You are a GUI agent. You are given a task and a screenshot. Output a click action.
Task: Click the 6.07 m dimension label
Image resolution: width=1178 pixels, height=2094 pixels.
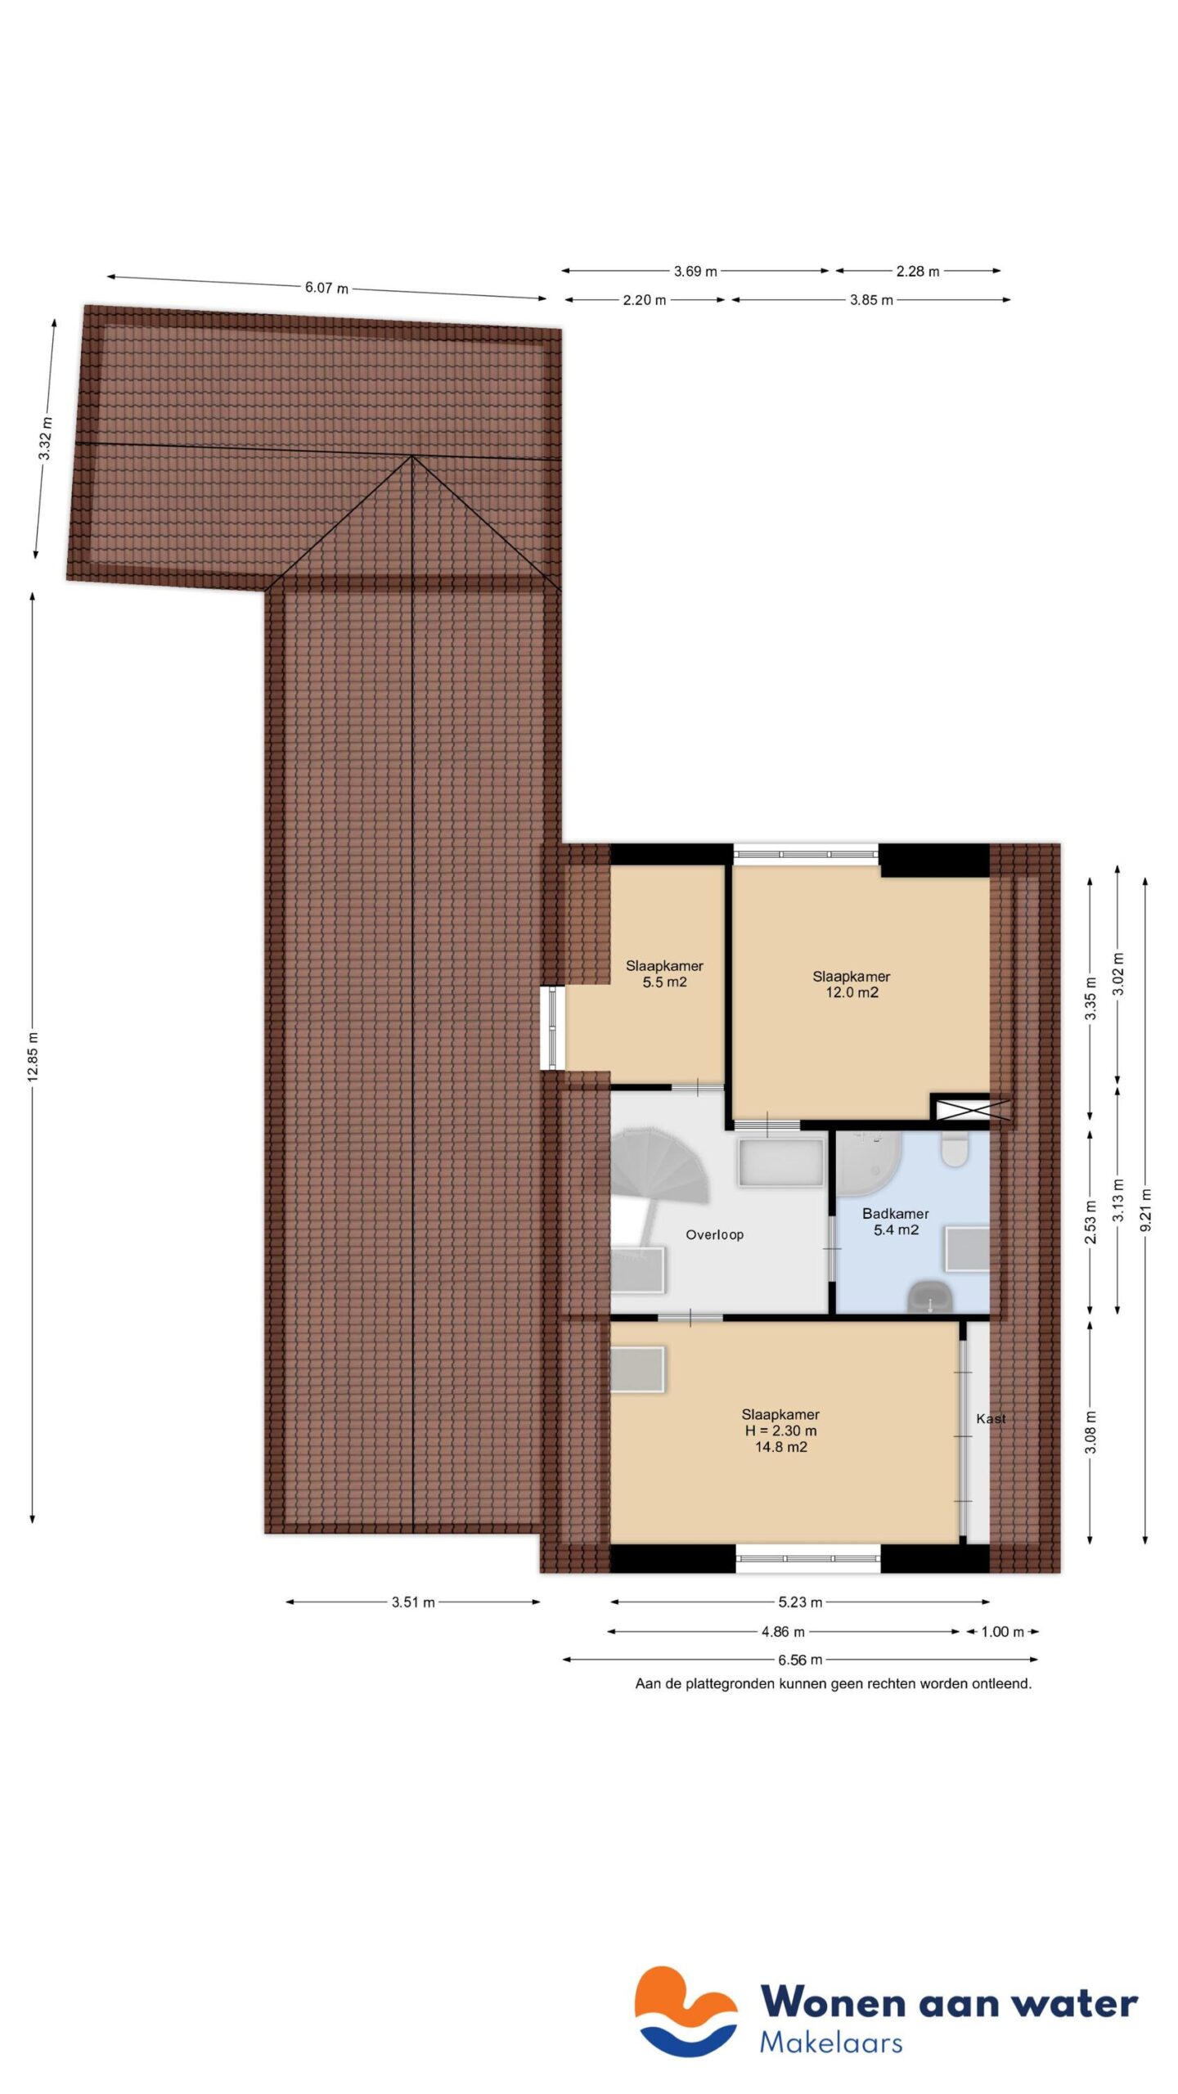[326, 288]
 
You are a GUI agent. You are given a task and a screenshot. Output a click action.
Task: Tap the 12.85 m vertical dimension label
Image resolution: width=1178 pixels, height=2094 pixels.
[33, 1057]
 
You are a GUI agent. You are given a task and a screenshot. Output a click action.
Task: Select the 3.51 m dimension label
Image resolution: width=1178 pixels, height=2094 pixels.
[413, 1602]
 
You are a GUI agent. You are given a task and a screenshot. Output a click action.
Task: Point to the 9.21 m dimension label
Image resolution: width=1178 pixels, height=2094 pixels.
[1145, 1209]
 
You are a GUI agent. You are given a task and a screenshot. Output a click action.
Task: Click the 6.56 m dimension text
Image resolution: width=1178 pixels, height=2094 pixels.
[800, 1660]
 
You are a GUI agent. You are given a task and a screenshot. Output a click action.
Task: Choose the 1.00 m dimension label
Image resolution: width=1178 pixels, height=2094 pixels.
[1002, 1632]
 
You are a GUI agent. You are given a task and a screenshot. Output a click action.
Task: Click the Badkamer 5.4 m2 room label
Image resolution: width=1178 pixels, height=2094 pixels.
[896, 1221]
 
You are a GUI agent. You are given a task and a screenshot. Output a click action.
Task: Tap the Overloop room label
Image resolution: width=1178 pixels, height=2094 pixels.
[714, 1235]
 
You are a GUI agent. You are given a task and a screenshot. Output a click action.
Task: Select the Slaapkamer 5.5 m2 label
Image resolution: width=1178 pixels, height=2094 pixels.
[664, 973]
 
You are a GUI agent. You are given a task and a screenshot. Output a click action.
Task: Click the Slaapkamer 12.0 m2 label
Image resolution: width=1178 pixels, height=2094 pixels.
[851, 984]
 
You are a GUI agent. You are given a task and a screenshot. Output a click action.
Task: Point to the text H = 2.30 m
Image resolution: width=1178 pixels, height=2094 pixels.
[780, 1431]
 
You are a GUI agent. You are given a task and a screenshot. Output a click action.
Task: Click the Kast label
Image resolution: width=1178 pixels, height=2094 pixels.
[991, 1419]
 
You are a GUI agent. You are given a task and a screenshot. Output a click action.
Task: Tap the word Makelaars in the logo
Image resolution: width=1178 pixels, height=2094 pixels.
[830, 2042]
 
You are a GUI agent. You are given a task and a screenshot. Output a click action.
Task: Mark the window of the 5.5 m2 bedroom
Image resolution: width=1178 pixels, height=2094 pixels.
[552, 1028]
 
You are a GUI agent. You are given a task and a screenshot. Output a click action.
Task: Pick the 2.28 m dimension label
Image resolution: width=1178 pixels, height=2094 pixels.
[917, 272]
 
